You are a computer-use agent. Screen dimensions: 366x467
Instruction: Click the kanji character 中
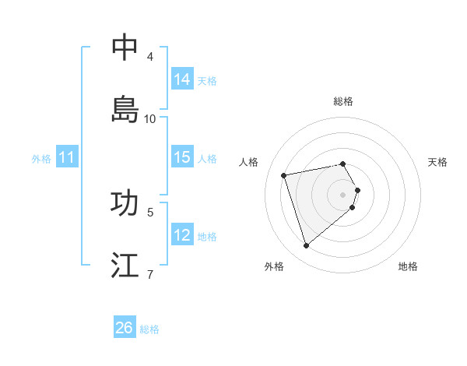125,48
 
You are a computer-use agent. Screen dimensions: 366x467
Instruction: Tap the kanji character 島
125,109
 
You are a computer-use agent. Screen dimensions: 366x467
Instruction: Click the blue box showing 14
182,79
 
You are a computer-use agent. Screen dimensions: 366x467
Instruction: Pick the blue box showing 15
182,157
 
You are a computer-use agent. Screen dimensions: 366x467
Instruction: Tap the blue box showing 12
182,235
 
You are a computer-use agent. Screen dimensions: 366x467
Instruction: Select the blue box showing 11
67,157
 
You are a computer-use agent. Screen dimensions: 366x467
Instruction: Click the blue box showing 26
125,328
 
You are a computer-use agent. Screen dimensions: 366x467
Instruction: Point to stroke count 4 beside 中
150,56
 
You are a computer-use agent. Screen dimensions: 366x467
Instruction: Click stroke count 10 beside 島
150,118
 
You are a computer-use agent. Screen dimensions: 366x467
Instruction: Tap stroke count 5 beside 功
150,211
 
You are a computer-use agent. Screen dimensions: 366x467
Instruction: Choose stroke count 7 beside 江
150,274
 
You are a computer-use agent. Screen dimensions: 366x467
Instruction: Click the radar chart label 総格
343,101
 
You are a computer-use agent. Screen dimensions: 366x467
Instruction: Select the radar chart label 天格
437,162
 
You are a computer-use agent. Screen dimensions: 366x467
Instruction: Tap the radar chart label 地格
408,266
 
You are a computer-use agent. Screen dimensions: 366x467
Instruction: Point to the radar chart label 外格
274,266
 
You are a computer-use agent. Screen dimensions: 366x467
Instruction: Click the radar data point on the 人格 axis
284,174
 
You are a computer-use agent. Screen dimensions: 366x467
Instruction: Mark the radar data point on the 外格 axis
306,245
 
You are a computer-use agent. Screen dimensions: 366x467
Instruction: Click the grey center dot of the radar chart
342,194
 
